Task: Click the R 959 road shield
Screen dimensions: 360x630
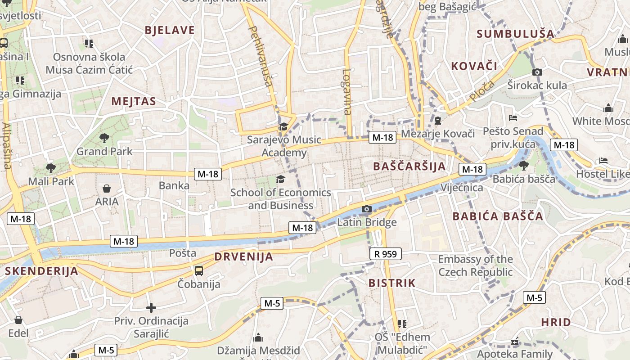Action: click(386, 254)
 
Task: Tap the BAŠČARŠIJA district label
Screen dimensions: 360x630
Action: click(409, 166)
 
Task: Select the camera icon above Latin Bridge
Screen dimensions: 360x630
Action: click(367, 209)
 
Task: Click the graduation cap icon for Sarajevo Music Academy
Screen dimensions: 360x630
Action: click(283, 126)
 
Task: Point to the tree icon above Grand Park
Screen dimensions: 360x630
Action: click(104, 138)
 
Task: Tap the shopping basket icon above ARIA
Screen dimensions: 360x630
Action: click(107, 188)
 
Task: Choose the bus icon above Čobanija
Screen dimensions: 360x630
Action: click(198, 270)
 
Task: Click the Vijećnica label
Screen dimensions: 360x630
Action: click(462, 188)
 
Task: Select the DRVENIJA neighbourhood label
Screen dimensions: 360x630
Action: click(243, 257)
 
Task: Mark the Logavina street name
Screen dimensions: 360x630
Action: click(347, 91)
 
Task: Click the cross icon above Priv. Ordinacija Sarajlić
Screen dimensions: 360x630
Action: click(151, 308)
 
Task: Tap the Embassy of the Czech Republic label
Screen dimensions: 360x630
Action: click(475, 265)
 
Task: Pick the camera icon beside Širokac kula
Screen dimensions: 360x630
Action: click(537, 72)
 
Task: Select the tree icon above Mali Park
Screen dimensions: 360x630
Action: click(50, 168)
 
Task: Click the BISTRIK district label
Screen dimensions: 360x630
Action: click(392, 283)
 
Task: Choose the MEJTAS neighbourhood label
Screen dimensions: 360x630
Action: click(134, 101)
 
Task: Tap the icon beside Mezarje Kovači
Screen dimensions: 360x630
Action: click(438, 121)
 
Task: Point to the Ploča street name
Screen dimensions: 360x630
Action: click(481, 90)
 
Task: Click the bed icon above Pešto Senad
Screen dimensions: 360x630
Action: click(513, 118)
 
